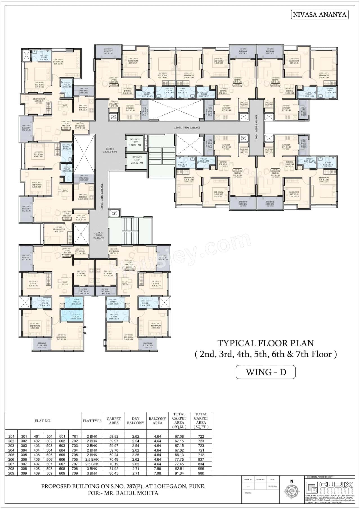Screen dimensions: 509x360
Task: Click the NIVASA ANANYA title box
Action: pyautogui.click(x=319, y=15)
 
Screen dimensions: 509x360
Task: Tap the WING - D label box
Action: pyautogui.click(x=265, y=372)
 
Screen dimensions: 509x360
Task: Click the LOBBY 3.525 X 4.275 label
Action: pyautogui.click(x=110, y=150)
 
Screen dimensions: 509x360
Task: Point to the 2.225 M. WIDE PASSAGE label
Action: pyautogui.click(x=99, y=235)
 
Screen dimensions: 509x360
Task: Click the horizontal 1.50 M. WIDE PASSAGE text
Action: pyautogui.click(x=187, y=127)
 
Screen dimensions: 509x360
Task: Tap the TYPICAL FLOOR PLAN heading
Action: pyautogui.click(x=265, y=343)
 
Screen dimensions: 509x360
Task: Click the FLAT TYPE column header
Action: pyautogui.click(x=92, y=421)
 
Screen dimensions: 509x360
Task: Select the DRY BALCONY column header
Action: pyautogui.click(x=136, y=421)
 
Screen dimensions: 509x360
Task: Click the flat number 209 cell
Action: pyautogui.click(x=11, y=473)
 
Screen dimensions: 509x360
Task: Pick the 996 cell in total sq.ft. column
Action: pyautogui.click(x=201, y=469)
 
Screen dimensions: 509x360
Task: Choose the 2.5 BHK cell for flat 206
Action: pyautogui.click(x=92, y=460)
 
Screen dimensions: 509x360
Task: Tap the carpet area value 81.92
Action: pyautogui.click(x=114, y=469)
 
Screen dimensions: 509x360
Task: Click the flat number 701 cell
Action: pyautogui.click(x=75, y=436)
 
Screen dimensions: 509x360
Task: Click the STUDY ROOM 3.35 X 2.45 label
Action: pyautogui.click(x=59, y=230)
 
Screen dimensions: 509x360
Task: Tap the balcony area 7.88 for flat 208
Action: pyautogui.click(x=157, y=469)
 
